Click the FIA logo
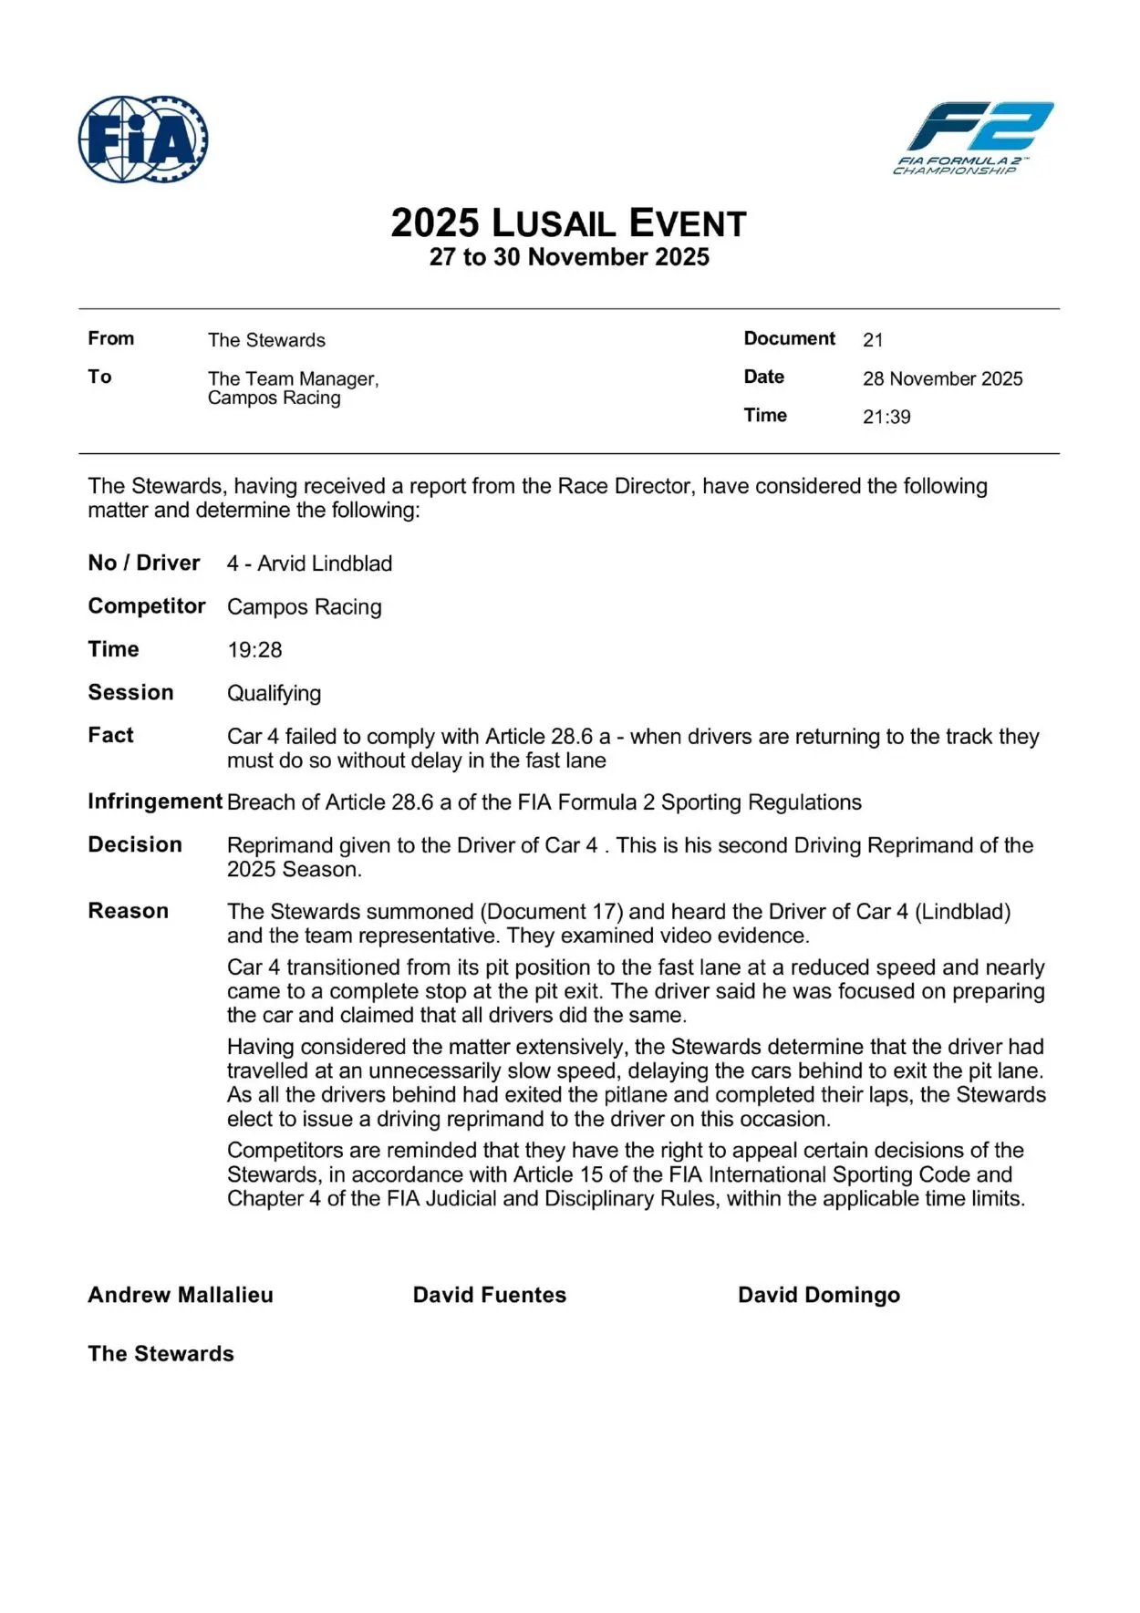[143, 140]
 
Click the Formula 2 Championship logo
[972, 137]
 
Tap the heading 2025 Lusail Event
[569, 223]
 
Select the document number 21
[873, 340]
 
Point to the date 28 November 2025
[942, 378]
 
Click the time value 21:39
[886, 417]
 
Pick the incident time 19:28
[254, 650]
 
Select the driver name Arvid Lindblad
[325, 564]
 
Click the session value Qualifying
[274, 693]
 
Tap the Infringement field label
[155, 801]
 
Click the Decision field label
[135, 844]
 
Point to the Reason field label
[128, 911]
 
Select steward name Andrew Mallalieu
[181, 1295]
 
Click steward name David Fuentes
[490, 1295]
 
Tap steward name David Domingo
[819, 1295]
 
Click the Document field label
[789, 338]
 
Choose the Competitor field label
[146, 606]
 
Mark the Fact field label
[110, 735]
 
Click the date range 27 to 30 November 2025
[569, 257]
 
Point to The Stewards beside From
[266, 340]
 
